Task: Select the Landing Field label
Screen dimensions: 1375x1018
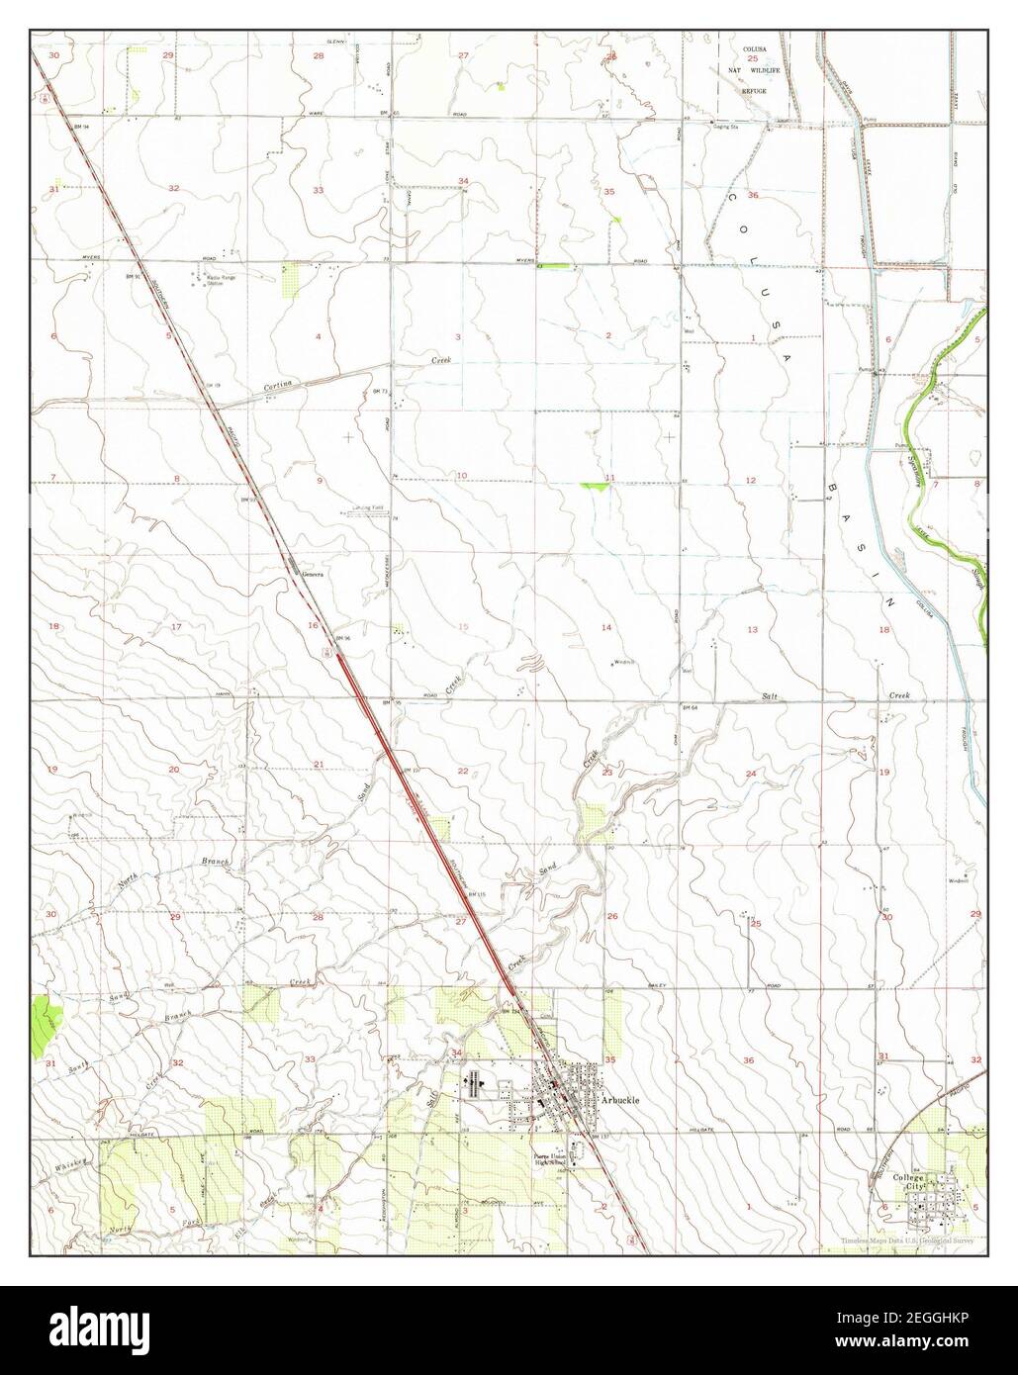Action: [367, 510]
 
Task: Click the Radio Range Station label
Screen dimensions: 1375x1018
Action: [223, 281]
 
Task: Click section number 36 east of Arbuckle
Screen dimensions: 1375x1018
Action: [748, 1060]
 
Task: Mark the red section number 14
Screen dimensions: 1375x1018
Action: [606, 627]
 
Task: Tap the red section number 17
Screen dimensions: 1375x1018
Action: [176, 627]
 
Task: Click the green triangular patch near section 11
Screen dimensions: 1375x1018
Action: [597, 487]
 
